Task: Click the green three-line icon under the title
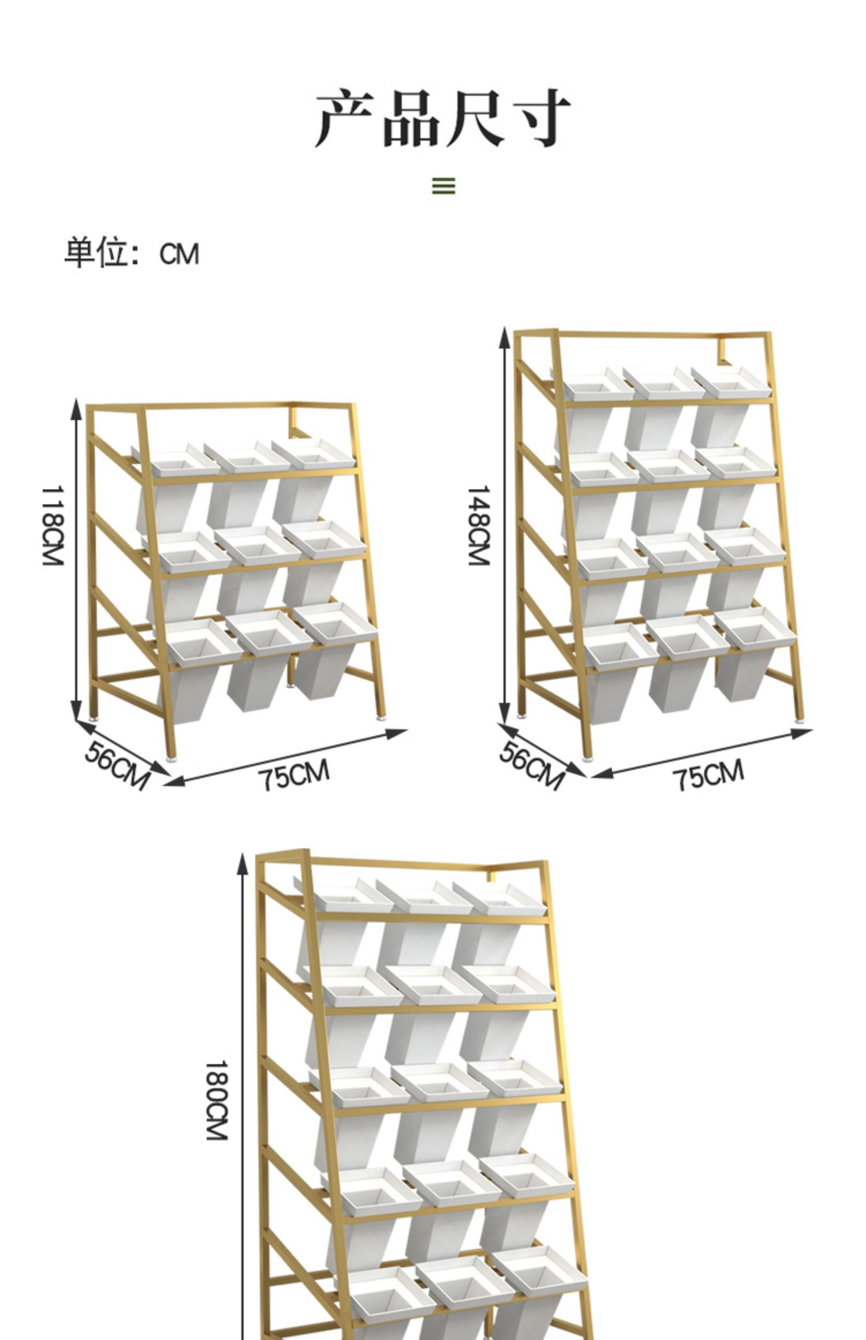coord(443,186)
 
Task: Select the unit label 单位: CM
coord(132,253)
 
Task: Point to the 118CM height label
coord(53,525)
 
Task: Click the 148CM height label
coord(479,525)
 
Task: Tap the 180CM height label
coord(217,1100)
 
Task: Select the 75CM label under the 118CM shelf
coord(294,774)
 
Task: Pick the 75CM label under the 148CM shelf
coord(708,774)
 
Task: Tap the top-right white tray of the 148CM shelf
coord(732,381)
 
